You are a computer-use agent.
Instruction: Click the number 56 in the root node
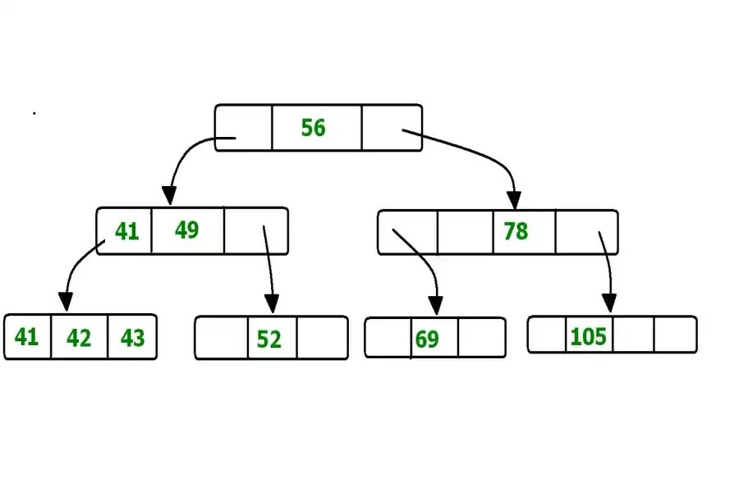(x=313, y=128)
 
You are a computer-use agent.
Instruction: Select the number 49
(x=186, y=230)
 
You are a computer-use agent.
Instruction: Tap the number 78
(x=516, y=231)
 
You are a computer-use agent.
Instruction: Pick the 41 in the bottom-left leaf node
(x=26, y=337)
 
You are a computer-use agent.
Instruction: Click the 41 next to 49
(x=126, y=232)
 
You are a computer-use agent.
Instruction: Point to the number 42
(x=79, y=338)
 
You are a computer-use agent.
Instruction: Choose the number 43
(x=132, y=338)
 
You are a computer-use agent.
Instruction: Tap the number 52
(x=269, y=339)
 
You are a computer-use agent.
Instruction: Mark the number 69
(x=427, y=339)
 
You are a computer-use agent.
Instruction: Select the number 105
(x=588, y=336)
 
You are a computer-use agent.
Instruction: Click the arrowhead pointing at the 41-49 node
(x=168, y=196)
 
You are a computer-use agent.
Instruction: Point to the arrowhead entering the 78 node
(x=514, y=199)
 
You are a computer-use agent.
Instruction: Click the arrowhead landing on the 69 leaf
(x=436, y=305)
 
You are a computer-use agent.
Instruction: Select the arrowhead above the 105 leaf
(x=608, y=303)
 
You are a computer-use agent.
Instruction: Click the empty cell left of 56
(x=244, y=128)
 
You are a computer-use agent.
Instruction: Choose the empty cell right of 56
(x=391, y=128)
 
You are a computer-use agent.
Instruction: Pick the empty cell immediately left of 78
(x=466, y=233)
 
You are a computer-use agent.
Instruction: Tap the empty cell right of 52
(x=322, y=338)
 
